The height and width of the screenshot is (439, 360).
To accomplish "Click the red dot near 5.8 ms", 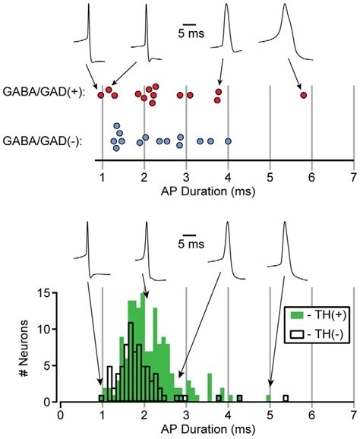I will pyautogui.click(x=304, y=95).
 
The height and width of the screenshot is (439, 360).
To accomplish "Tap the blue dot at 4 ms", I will pyautogui.click(x=228, y=141).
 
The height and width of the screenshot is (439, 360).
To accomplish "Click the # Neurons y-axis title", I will pyautogui.click(x=26, y=346).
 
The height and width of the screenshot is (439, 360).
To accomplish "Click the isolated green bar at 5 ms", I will pyautogui.click(x=269, y=398).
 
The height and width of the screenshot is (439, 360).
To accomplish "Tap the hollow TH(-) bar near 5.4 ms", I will pyautogui.click(x=286, y=398).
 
